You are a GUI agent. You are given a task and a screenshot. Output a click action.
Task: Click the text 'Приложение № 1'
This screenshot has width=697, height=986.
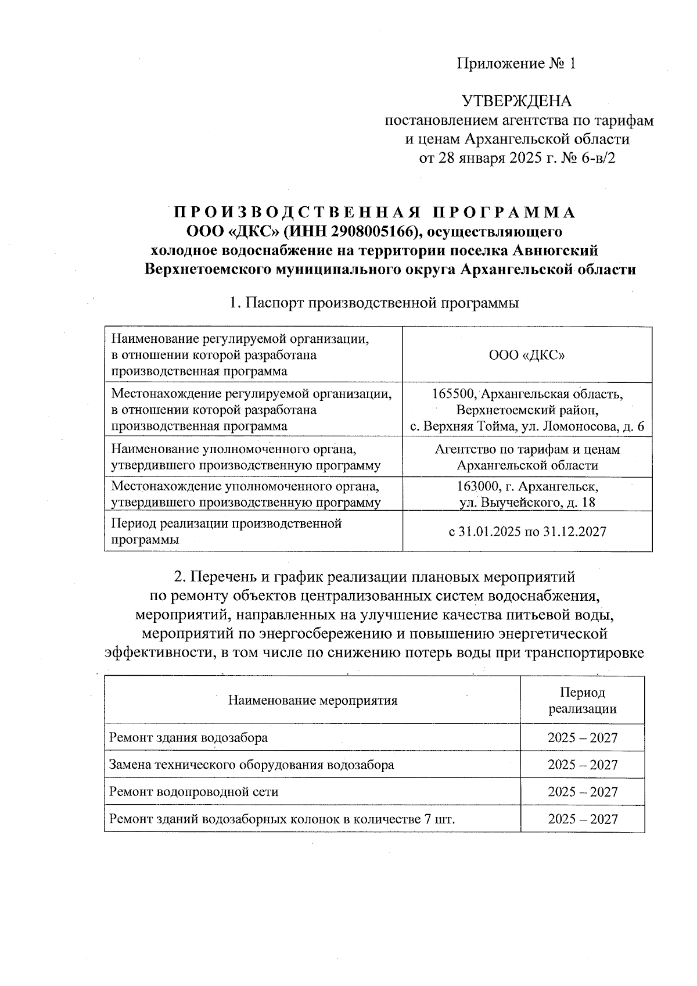tap(516, 63)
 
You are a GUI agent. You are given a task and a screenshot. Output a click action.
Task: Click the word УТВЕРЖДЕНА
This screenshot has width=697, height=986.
tap(516, 102)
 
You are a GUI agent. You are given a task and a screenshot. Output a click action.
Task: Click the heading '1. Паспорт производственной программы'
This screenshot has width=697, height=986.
tap(374, 303)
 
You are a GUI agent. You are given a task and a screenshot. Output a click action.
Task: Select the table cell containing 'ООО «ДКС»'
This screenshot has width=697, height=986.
tap(527, 355)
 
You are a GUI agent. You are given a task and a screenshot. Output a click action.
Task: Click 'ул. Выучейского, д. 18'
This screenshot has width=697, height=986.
tap(527, 503)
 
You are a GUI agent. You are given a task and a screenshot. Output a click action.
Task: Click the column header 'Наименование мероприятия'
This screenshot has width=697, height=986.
tap(312, 700)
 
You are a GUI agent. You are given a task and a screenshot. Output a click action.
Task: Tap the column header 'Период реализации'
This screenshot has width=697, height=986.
tap(582, 700)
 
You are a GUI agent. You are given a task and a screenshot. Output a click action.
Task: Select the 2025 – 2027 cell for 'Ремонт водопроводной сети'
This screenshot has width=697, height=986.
tap(582, 792)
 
